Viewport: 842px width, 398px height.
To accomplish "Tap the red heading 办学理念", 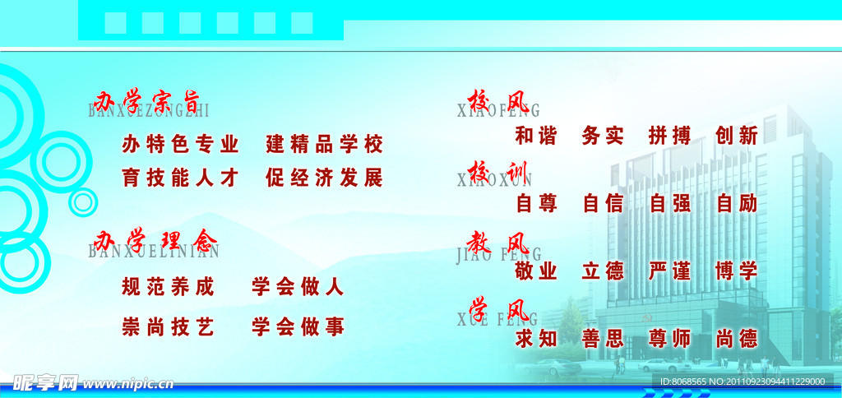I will (155, 240).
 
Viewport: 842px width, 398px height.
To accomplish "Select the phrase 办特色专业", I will (180, 145).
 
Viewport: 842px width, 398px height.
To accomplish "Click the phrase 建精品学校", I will (325, 145).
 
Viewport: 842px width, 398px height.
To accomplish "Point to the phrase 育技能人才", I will (180, 178).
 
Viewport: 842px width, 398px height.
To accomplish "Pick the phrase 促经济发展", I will (325, 178).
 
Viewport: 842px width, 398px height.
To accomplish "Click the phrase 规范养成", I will (168, 287).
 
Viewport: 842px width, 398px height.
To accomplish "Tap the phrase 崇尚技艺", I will (168, 327).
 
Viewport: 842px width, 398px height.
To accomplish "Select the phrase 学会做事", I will (298, 327).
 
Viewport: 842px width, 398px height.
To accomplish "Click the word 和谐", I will (536, 136).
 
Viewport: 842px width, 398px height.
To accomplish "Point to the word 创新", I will (737, 136).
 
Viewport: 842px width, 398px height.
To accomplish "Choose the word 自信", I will (603, 203).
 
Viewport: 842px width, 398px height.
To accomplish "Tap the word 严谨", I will (669, 271).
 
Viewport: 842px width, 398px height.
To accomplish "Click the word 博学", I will (737, 271).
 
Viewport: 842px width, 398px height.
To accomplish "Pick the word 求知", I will (536, 338).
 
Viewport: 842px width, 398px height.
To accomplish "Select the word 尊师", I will (669, 338).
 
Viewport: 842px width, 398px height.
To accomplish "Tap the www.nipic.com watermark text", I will (128, 383).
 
